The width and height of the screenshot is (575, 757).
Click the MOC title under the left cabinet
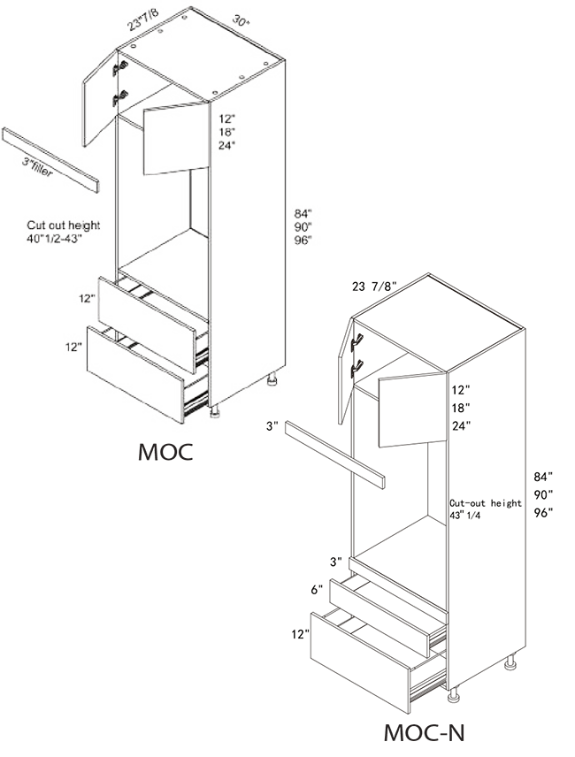tap(165, 452)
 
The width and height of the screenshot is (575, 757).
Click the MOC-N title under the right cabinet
tap(424, 733)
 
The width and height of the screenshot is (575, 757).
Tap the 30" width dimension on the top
tap(241, 20)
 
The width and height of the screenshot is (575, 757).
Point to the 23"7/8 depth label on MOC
tap(143, 19)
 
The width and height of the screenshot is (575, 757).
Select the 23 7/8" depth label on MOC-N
tap(374, 287)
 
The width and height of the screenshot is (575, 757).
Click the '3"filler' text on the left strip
tap(37, 167)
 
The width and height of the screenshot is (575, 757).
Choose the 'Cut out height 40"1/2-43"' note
tap(63, 232)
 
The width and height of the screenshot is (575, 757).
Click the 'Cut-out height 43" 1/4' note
tap(486, 508)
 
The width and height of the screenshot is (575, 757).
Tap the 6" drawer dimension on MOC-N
tap(317, 590)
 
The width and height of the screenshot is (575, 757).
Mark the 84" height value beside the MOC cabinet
tap(303, 213)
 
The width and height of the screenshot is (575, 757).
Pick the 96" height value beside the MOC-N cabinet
tap(543, 513)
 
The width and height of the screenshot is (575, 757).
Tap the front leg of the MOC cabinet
tap(215, 411)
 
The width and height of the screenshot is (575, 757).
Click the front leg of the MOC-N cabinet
tap(453, 693)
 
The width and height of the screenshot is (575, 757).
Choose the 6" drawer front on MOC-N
tap(379, 617)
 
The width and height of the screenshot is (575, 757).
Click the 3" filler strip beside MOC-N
tap(334, 455)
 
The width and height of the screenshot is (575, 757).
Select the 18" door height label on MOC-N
tap(461, 408)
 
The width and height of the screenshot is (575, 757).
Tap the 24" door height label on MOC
tap(226, 145)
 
